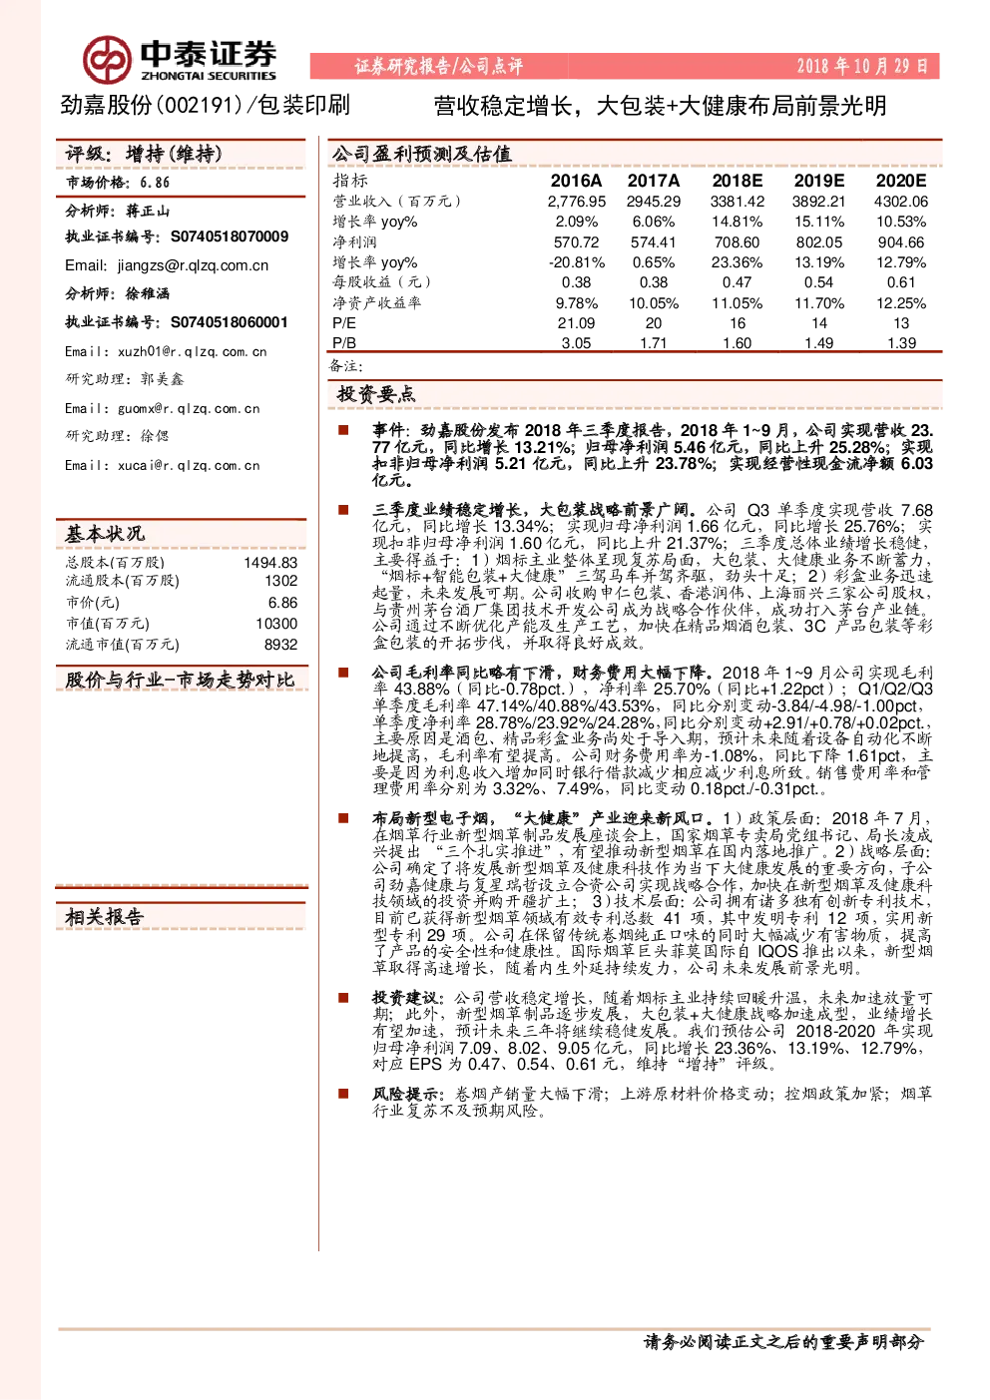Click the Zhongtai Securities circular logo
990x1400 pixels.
click(107, 60)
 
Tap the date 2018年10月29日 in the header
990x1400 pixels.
click(862, 66)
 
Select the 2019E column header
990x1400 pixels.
click(818, 181)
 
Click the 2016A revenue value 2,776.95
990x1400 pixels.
click(576, 202)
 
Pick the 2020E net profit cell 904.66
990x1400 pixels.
click(900, 241)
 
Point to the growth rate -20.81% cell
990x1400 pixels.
click(576, 262)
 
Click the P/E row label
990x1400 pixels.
click(344, 323)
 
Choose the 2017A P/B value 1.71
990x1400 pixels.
click(653, 342)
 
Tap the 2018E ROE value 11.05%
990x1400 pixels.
click(737, 303)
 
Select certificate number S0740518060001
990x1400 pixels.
click(230, 322)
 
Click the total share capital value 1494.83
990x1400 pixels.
click(270, 563)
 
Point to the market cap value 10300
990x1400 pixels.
click(276, 623)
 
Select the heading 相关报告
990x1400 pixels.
click(105, 917)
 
